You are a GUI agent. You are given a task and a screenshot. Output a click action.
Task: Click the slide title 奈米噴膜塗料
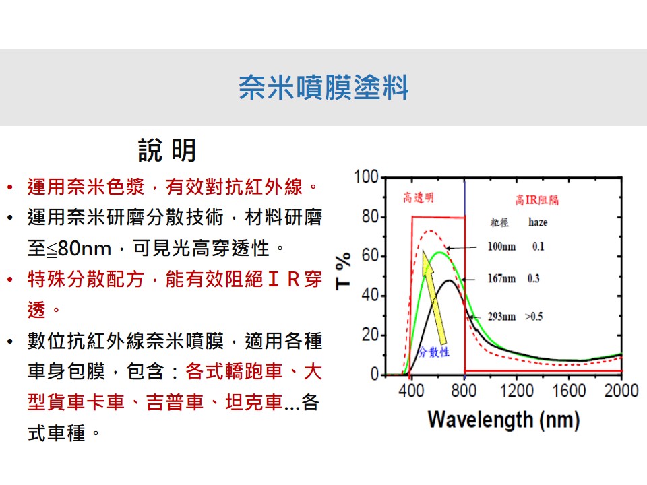point(323,88)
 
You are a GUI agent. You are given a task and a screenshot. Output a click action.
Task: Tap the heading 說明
point(167,150)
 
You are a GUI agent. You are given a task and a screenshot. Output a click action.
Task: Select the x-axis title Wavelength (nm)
point(504,420)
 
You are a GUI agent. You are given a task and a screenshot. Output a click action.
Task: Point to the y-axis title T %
point(343,271)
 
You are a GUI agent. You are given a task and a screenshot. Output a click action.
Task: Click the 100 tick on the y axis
point(367,177)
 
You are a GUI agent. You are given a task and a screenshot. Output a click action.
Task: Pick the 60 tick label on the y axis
point(371,256)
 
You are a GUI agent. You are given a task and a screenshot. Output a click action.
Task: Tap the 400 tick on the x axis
point(411,391)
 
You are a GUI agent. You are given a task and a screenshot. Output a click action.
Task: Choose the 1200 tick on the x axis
point(517,391)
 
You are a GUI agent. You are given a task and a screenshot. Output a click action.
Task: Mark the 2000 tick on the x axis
point(621,391)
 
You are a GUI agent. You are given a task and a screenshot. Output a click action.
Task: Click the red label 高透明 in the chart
point(419,198)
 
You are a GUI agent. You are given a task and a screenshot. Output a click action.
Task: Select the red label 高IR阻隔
point(537,200)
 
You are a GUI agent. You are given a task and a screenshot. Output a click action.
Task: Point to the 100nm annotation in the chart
point(501,247)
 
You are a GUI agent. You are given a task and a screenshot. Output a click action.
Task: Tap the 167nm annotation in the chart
point(501,279)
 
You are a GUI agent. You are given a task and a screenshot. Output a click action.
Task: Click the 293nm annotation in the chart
point(501,317)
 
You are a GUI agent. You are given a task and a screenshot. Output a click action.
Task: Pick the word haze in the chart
point(538,222)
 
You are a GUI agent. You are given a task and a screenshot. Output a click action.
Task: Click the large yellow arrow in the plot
point(434,302)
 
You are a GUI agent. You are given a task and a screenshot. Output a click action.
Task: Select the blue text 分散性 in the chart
point(433,352)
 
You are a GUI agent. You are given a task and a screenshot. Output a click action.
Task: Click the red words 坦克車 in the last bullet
point(254,403)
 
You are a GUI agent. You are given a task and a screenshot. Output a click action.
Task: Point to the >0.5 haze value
point(534,317)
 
